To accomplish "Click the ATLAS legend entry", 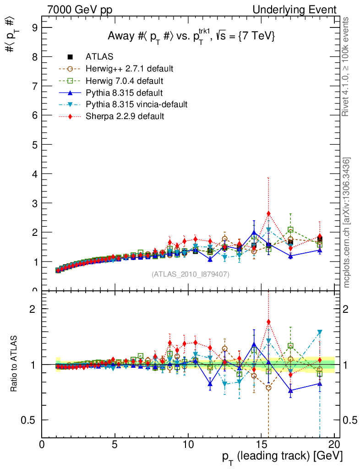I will pyautogui.click(x=99, y=57).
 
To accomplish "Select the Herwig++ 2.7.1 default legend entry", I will pyautogui.click(x=129, y=69).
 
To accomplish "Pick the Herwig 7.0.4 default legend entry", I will pyautogui.click(x=124, y=81).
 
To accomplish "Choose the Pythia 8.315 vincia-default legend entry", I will pyautogui.click(x=136, y=104).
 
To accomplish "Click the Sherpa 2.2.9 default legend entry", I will pyautogui.click(x=125, y=116).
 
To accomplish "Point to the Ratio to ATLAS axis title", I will pyautogui.click(x=14, y=364).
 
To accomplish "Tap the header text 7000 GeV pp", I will pyautogui.click(x=83, y=10).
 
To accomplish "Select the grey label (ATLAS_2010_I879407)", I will pyautogui.click(x=191, y=274).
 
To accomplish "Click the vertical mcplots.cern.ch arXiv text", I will pyautogui.click(x=347, y=223).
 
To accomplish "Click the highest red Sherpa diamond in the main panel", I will pyautogui.click(x=268, y=213).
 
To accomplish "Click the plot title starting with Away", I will pyautogui.click(x=191, y=37).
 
